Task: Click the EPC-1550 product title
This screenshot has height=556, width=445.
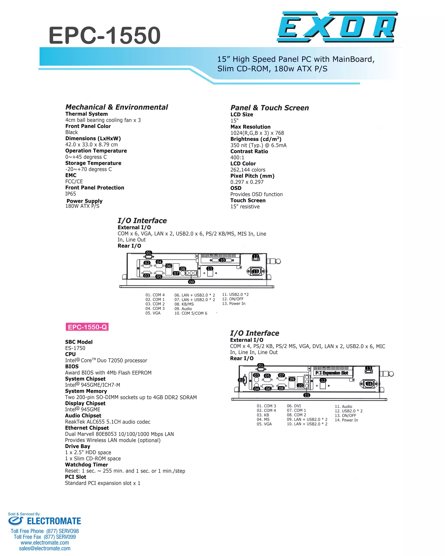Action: point(105,35)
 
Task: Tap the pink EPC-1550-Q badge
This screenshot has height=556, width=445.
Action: point(87,327)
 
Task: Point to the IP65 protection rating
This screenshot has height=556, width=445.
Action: point(70,194)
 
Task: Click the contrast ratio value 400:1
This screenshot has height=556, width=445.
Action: point(237,157)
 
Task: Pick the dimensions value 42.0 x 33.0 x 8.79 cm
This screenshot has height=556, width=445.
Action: point(91,144)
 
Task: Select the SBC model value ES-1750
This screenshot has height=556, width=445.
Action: point(75,348)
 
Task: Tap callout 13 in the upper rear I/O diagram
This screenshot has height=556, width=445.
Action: point(255,271)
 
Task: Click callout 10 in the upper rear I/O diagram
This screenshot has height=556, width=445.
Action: point(222,260)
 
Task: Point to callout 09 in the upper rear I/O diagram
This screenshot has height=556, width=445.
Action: point(191,282)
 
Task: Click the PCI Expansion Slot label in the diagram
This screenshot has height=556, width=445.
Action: point(332,373)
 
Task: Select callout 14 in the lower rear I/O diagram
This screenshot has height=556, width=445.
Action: point(369,384)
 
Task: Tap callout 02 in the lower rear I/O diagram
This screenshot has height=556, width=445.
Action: point(241,380)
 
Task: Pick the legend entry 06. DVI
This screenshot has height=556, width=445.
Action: point(294,406)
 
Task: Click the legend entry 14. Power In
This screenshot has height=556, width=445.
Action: point(346,420)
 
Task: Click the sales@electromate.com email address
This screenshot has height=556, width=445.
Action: point(45,549)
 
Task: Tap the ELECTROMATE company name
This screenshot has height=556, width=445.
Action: point(54,521)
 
